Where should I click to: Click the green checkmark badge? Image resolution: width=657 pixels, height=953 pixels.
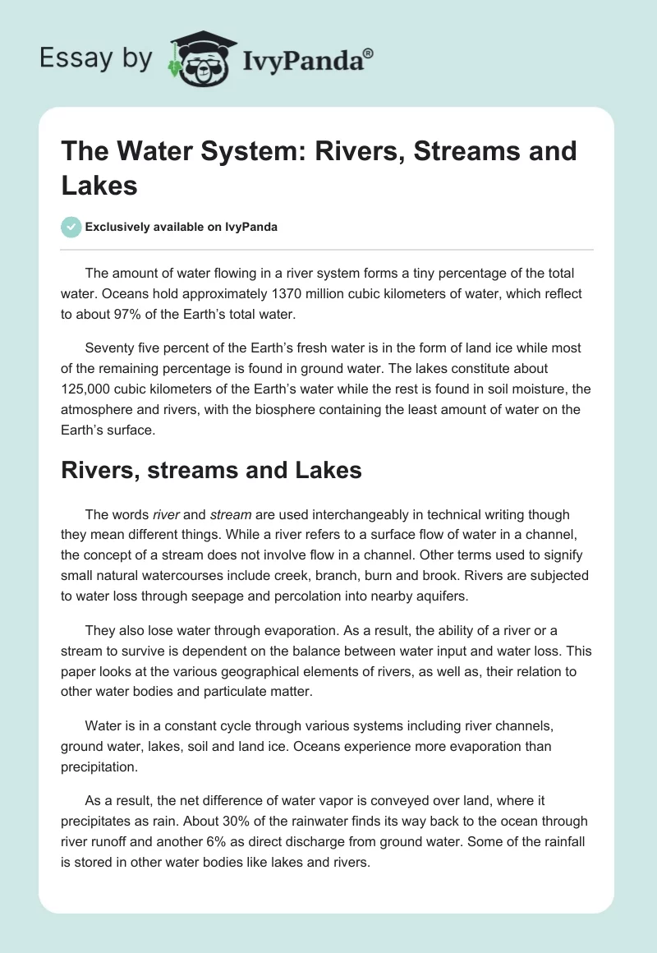coord(71,227)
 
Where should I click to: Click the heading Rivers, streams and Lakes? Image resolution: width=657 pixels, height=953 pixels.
coord(212,470)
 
